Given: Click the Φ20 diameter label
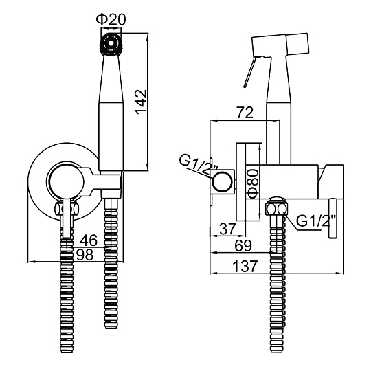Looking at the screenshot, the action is tap(111, 19).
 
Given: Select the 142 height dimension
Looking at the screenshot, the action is tap(142, 102).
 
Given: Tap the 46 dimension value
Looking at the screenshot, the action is tap(89, 240).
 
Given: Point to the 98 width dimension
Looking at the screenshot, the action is tap(85, 255).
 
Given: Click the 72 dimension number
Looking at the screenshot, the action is tap(245, 113).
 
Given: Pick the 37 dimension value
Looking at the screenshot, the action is tap(228, 229).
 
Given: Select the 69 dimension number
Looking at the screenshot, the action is tap(243, 245).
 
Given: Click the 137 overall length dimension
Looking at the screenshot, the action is tap(245, 267).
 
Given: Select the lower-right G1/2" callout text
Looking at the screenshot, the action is tap(316, 221).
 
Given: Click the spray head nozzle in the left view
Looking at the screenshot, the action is tap(110, 44).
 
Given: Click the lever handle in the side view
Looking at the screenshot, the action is tap(333, 218).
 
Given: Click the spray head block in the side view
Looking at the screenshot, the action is tap(280, 45).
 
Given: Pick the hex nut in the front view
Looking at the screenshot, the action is tap(67, 208).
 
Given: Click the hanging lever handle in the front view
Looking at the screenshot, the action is tap(67, 218).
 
